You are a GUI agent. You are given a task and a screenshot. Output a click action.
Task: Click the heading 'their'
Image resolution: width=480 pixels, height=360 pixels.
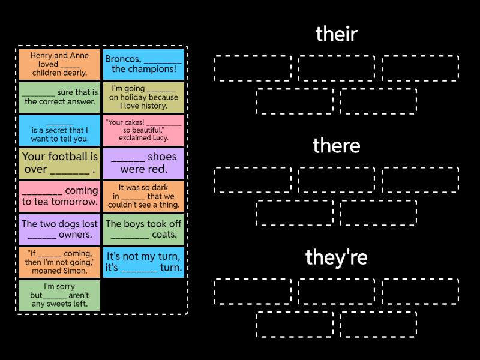(336, 34)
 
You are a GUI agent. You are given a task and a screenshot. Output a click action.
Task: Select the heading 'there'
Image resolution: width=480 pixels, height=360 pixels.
(336, 146)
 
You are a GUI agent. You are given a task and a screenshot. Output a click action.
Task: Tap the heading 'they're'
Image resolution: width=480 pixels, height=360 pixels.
(336, 257)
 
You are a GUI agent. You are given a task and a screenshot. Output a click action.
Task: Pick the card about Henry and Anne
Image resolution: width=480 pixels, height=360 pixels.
(59, 64)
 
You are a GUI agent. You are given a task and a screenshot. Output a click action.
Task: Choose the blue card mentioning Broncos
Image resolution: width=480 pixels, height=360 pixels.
(143, 64)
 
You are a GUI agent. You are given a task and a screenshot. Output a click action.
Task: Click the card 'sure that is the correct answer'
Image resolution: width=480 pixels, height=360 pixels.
(59, 97)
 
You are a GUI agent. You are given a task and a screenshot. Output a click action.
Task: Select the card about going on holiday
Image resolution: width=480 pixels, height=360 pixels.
(143, 97)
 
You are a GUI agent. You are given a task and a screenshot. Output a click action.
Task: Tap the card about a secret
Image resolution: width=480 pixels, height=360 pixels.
(59, 130)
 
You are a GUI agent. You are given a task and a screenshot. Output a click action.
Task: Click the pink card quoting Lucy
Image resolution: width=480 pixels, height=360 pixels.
(143, 130)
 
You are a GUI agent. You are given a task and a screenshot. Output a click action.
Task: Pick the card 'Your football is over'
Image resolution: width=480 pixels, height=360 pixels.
(59, 163)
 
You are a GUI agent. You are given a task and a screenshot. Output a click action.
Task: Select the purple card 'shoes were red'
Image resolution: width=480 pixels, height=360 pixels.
(143, 163)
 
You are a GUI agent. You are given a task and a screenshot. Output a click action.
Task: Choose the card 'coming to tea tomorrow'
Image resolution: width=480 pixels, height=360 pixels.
(59, 196)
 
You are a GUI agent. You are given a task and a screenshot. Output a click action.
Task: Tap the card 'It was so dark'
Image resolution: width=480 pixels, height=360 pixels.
(143, 196)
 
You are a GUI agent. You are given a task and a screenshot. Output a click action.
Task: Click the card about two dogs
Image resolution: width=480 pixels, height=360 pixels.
(59, 229)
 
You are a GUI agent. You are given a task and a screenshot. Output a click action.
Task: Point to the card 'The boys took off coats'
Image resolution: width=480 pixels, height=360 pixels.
(143, 229)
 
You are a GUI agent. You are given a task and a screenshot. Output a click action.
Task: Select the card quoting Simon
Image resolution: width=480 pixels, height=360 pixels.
(59, 262)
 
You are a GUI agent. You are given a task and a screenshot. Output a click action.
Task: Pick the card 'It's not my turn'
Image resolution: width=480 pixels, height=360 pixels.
(143, 262)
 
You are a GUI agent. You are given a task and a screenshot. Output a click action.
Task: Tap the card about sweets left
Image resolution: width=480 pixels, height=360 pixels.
(59, 295)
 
